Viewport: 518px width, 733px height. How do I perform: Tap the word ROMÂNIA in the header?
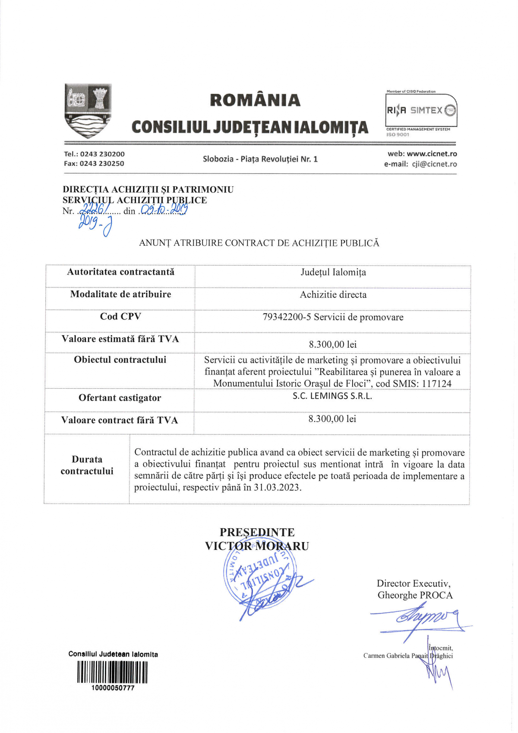click(255, 100)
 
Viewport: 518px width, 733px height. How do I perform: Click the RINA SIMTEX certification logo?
click(421, 111)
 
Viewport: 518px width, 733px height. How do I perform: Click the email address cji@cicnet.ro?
click(434, 164)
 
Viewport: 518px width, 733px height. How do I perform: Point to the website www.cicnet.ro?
click(432, 154)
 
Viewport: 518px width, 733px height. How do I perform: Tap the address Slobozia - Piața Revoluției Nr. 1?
click(260, 159)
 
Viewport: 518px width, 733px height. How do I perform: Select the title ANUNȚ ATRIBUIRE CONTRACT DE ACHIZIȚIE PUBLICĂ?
click(259, 243)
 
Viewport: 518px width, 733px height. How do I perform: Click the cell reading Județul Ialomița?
click(333, 273)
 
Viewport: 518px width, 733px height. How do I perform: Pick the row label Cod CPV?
click(120, 317)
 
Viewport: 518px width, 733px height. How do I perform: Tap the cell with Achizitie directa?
click(333, 295)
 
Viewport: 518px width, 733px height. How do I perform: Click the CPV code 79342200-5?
click(287, 317)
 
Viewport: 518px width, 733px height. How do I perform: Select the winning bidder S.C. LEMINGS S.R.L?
click(332, 396)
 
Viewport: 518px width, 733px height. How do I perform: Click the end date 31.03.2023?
click(276, 488)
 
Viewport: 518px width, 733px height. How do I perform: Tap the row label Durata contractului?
click(87, 465)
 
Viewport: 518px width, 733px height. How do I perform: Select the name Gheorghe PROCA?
click(415, 595)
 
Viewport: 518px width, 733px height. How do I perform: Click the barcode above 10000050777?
click(112, 673)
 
